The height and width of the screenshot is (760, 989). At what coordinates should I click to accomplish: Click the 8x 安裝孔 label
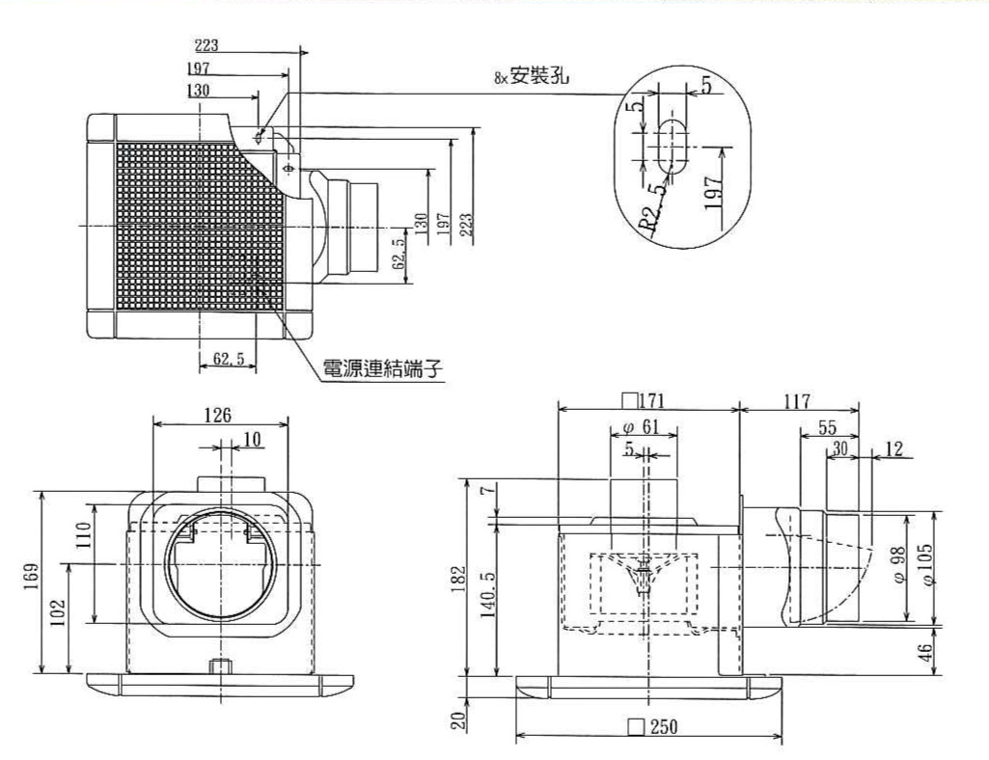pos(532,77)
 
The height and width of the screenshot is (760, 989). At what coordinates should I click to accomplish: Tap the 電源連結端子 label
pos(382,368)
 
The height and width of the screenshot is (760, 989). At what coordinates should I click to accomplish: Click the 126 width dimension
pos(218,415)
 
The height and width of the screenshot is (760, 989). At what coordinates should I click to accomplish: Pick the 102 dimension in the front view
pos(58,611)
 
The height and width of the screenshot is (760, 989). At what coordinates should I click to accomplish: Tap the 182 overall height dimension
pos(458,579)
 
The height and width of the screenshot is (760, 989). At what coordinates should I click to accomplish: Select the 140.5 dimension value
pos(488,595)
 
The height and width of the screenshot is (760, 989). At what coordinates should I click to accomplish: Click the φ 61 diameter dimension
pos(641,427)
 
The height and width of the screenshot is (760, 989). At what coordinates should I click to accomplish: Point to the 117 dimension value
pos(797,401)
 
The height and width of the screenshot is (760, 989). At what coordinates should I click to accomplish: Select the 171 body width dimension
pos(644,400)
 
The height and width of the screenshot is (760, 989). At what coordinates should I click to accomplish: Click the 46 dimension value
pos(925,652)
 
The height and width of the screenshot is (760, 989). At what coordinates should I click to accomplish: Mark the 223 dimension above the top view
pos(206,44)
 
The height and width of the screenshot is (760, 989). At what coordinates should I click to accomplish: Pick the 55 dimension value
pos(827,427)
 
